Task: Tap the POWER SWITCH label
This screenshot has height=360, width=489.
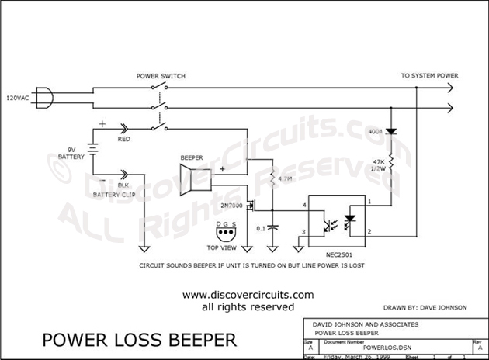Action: (161, 76)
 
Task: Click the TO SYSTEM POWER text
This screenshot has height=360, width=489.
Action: (429, 76)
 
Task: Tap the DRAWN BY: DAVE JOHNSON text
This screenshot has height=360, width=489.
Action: (426, 307)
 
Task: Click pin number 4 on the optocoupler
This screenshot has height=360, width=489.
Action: (304, 204)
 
